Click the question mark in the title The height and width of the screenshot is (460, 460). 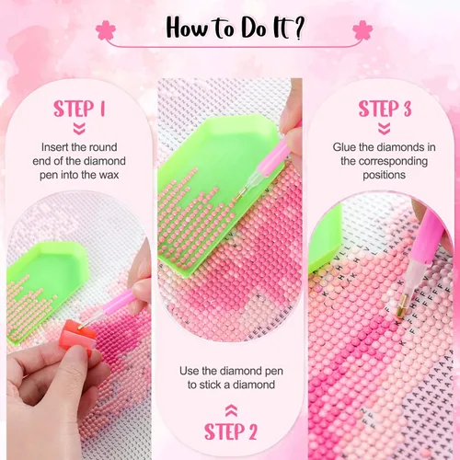click(296, 28)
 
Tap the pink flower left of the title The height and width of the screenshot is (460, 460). click(106, 30)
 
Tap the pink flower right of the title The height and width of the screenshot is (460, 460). click(362, 30)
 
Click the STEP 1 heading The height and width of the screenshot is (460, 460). click(79, 109)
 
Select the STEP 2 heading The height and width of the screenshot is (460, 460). click(231, 431)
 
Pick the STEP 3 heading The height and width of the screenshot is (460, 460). click(385, 109)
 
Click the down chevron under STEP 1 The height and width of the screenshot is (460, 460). click(79, 129)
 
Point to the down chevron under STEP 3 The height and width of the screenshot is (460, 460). click(385, 129)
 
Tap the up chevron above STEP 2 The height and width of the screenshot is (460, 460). click(231, 410)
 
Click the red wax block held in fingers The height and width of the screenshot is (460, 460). click(75, 335)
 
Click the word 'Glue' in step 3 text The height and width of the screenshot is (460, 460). click(344, 147)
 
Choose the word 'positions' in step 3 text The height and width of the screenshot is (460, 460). click(385, 176)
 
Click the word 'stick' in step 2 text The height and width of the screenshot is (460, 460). click(211, 385)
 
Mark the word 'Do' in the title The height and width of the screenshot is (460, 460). click(254, 29)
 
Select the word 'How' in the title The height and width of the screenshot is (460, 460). click(187, 28)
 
